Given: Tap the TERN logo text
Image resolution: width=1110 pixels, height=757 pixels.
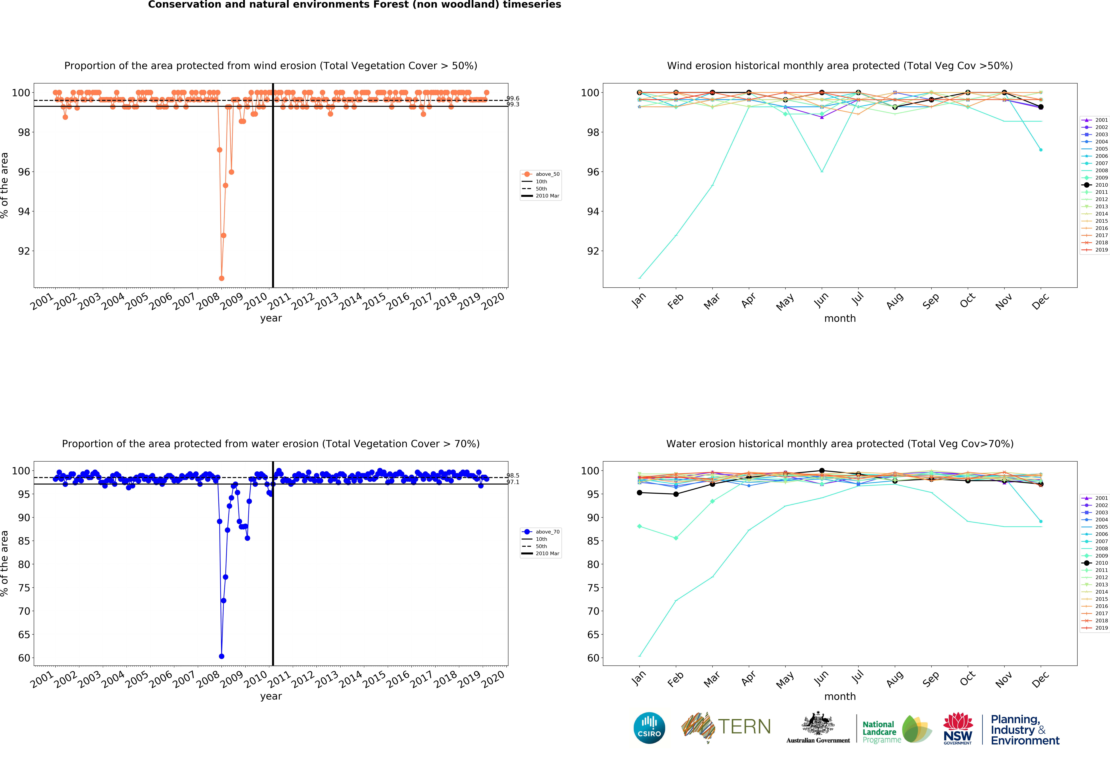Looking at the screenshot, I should (x=744, y=727).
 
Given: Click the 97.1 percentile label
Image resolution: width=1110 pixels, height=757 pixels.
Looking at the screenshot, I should (x=513, y=482).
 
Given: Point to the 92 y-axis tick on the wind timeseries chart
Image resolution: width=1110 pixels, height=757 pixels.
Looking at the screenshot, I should (x=24, y=251).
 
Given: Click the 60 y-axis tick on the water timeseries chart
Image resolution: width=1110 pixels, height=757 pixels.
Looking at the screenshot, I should (x=24, y=658).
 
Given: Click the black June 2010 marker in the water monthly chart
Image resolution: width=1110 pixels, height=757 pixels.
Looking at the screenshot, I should (x=822, y=471).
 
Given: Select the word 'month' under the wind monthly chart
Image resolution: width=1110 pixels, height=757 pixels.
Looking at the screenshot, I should (x=840, y=318).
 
